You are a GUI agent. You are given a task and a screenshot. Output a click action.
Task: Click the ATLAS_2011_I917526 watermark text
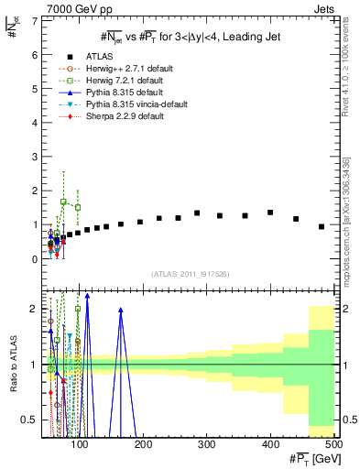(190, 274)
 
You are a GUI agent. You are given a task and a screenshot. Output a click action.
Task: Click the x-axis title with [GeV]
(311, 459)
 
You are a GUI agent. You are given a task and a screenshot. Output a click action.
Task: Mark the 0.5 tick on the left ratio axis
(35, 420)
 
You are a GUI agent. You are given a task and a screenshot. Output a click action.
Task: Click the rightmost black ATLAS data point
(322, 226)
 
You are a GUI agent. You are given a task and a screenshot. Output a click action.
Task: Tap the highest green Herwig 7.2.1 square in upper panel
(63, 202)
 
